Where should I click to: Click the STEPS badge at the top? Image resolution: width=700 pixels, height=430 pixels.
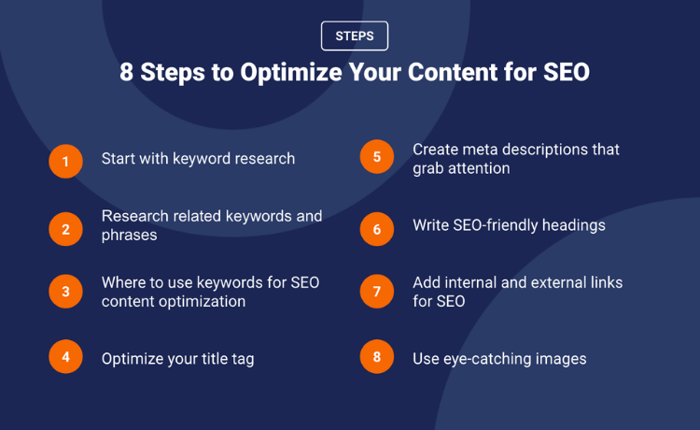[x=355, y=36]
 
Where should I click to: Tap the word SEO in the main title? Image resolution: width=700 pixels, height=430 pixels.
[x=567, y=72]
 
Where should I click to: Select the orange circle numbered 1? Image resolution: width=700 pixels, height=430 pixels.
[x=65, y=162]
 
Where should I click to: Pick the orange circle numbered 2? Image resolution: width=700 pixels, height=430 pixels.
[x=65, y=229]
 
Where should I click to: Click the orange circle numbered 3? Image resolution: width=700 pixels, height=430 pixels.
[x=65, y=292]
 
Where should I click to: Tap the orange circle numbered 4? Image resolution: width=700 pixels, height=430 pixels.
[x=65, y=357]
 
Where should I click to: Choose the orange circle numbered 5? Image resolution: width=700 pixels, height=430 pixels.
[x=377, y=156]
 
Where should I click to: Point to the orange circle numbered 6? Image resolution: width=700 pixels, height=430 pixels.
[x=377, y=229]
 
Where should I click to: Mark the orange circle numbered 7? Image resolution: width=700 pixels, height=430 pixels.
[x=377, y=292]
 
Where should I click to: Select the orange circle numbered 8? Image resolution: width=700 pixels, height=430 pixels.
[x=377, y=357]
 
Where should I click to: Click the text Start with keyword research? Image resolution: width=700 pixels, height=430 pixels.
[x=198, y=159]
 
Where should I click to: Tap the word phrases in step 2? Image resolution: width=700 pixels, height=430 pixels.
[x=129, y=236]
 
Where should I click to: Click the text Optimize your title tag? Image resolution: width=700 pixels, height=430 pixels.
[x=177, y=359]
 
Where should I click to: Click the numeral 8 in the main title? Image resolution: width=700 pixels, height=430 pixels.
[x=126, y=72]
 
